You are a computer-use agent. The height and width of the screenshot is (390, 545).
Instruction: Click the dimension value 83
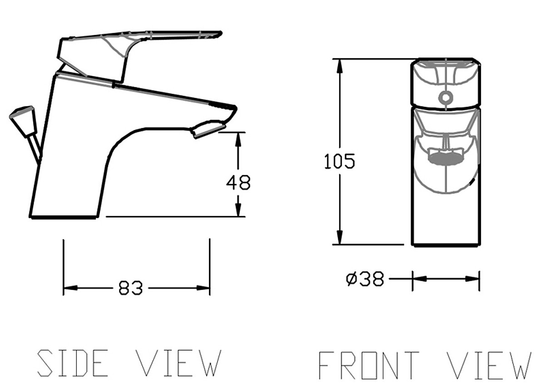130,288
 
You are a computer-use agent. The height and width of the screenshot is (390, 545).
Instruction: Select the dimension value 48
238,183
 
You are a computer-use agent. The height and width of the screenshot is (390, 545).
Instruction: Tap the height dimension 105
339,162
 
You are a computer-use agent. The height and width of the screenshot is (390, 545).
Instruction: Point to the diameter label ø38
365,279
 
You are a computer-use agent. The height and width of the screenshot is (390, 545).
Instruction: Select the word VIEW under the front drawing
489,365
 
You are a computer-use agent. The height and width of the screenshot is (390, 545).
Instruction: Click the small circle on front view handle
446,97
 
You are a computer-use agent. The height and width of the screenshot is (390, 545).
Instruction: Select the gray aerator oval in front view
445,159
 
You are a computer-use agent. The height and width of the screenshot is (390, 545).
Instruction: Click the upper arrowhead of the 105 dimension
339,66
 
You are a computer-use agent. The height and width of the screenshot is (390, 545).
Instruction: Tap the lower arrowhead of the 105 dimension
339,238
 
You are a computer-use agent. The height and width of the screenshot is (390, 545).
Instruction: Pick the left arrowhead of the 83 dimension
70,288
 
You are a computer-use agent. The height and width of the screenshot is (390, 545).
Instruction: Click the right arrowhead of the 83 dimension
203,288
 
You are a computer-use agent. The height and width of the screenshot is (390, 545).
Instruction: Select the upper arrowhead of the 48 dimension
238,138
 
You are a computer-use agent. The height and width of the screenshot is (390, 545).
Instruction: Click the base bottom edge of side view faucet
64,218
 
